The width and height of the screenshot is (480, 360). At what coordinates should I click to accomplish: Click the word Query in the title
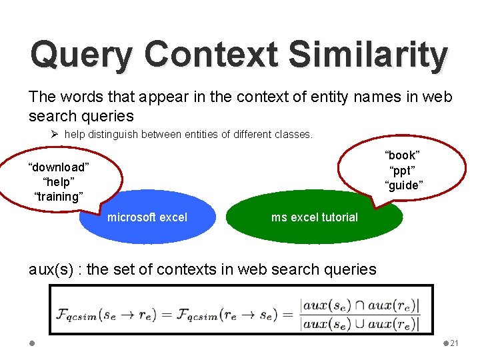(x=79, y=55)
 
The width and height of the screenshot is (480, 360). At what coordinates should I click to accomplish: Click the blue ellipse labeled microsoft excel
(x=147, y=217)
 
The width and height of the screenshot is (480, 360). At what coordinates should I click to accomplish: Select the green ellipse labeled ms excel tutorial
(x=315, y=217)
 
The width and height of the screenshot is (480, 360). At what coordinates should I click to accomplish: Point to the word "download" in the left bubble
(x=59, y=167)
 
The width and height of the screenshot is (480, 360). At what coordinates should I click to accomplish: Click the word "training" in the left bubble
(x=59, y=197)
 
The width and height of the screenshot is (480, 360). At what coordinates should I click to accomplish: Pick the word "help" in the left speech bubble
(x=59, y=182)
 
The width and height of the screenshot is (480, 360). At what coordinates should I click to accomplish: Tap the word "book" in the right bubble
(x=403, y=155)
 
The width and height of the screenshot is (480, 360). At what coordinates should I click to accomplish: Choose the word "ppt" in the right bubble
(x=403, y=170)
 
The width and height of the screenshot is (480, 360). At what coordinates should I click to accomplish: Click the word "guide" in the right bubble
(x=403, y=185)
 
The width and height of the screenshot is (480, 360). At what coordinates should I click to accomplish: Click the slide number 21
(x=454, y=343)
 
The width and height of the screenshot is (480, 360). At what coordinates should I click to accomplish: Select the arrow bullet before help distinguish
(x=55, y=134)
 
